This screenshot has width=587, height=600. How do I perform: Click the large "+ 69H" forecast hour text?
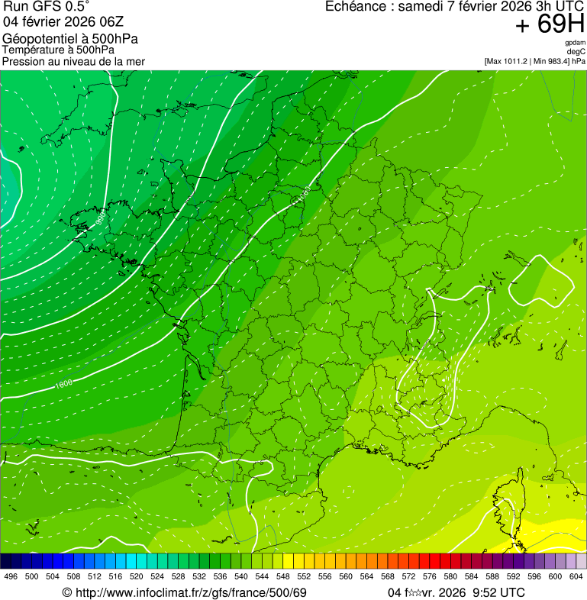click(550, 24)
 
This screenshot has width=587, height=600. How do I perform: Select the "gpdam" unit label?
click(575, 43)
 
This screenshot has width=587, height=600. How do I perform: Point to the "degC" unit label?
click(576, 52)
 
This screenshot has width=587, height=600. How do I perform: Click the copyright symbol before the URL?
click(66, 593)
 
